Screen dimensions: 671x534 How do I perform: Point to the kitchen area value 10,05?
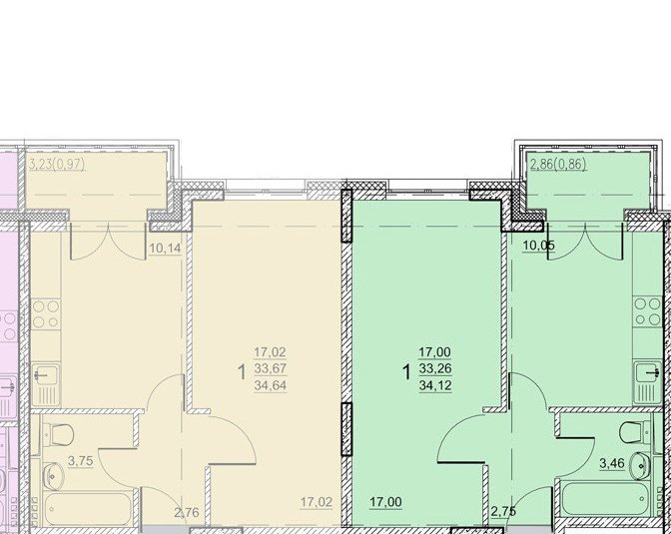tap(539, 246)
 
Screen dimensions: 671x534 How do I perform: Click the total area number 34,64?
tap(270, 386)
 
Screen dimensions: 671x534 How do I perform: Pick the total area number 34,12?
tap(435, 386)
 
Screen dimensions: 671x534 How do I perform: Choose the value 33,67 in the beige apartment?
tap(270, 368)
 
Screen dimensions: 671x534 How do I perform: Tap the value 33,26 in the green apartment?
tap(435, 368)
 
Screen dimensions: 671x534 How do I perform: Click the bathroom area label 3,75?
tap(81, 461)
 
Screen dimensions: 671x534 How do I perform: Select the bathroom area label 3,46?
tap(612, 463)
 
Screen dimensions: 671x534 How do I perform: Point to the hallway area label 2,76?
tap(187, 512)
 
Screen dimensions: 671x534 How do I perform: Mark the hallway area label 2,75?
tap(503, 512)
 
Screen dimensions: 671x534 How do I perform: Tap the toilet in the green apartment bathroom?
tap(635, 432)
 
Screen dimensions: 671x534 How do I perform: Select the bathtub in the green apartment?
tap(605, 498)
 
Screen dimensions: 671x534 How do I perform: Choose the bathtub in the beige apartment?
tap(87, 510)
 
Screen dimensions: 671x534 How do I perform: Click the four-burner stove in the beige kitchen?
tap(46, 314)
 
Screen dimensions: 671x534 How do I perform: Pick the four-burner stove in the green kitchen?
tap(647, 311)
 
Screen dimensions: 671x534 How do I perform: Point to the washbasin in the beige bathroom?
tap(54, 476)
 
